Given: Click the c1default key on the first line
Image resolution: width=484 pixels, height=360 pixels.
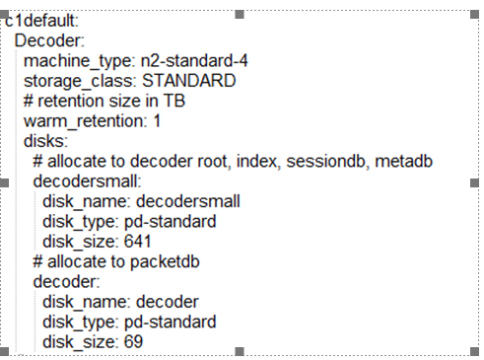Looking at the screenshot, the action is (42, 20).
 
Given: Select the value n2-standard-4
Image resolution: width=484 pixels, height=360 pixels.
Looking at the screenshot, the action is (195, 61).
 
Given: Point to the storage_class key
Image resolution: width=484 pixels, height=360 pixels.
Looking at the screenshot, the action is (81, 81).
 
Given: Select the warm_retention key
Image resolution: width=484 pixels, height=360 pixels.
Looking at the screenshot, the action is (87, 121).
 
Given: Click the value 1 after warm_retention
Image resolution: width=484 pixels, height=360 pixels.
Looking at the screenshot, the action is (157, 121).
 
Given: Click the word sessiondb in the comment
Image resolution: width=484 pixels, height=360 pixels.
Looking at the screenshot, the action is (334, 162).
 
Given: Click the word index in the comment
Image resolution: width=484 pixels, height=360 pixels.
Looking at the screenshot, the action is (266, 162).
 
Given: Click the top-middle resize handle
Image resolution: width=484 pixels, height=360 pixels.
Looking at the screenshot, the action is (241, 14).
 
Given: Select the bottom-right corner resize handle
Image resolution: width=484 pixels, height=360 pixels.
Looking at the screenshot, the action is (476, 351).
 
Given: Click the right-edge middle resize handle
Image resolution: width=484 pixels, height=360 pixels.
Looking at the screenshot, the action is (476, 182).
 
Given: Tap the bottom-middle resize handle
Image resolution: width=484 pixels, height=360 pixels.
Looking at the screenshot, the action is (241, 351).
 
